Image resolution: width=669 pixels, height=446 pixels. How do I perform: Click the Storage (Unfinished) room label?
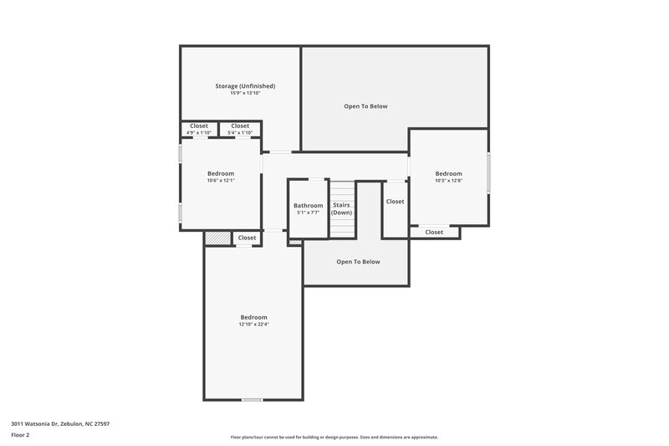click(x=245, y=85)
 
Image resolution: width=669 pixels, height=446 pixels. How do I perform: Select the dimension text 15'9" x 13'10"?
click(x=245, y=93)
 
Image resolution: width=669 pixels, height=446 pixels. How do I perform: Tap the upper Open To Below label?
click(x=365, y=106)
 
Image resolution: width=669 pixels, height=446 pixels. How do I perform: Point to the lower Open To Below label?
click(x=358, y=262)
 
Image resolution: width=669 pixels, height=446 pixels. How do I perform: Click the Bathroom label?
click(x=308, y=205)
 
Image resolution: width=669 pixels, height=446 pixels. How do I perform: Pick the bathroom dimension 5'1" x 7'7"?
click(x=308, y=213)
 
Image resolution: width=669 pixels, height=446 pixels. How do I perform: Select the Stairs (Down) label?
click(x=341, y=208)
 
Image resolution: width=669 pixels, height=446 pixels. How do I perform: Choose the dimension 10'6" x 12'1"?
click(x=221, y=181)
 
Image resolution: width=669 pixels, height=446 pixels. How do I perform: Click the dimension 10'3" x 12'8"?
click(x=448, y=181)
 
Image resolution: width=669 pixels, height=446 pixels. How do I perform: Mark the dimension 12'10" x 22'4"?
click(x=253, y=325)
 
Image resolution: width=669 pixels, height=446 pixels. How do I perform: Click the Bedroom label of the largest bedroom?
click(x=253, y=317)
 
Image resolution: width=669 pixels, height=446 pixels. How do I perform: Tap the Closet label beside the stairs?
click(x=395, y=202)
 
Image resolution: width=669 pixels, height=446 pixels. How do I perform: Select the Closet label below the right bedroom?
click(x=434, y=232)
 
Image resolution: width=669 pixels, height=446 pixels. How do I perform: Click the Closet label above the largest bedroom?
click(x=247, y=238)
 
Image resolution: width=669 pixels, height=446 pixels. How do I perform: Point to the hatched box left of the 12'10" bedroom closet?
click(x=216, y=238)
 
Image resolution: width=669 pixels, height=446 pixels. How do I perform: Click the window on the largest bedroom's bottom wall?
click(x=253, y=400)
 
